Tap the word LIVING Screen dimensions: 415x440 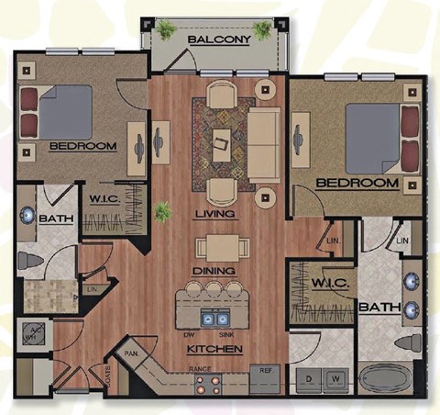pos(215,214)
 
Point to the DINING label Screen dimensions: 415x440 pos(215,272)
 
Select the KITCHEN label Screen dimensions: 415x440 pos(214,350)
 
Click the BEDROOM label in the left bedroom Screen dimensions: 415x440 pos(82,146)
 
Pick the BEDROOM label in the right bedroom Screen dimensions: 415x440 pos(357,184)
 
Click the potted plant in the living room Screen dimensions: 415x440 pos(162,214)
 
